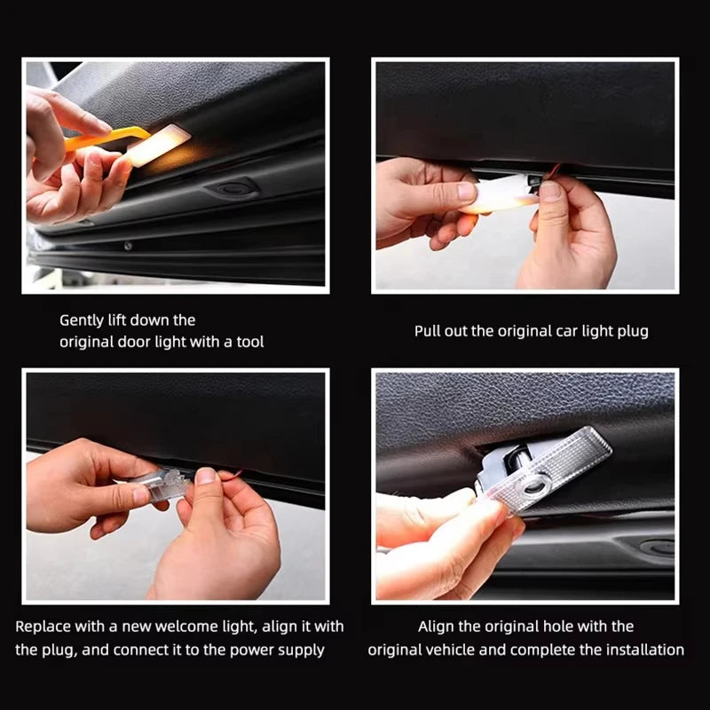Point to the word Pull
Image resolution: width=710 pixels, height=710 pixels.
click(430, 331)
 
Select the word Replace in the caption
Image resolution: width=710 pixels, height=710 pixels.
click(43, 627)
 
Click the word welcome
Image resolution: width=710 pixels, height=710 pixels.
click(179, 627)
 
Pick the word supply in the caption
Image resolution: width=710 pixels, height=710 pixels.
click(304, 650)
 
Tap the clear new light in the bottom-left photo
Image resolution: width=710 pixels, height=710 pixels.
click(164, 485)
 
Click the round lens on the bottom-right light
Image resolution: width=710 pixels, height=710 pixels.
click(533, 485)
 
